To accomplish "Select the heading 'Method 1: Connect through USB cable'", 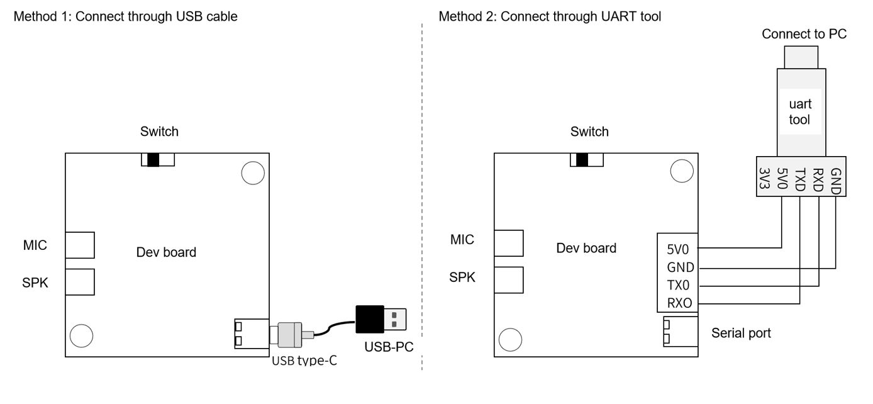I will pyautogui.click(x=125, y=17).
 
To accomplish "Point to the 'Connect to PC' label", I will pyautogui.click(x=803, y=34).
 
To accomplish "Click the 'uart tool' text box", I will pyautogui.click(x=799, y=111).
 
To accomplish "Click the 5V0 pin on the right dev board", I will pyautogui.click(x=679, y=249).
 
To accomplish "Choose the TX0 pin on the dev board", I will pyautogui.click(x=679, y=285).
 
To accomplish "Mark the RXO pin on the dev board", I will pyautogui.click(x=679, y=303).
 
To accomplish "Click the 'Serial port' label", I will pyautogui.click(x=741, y=333).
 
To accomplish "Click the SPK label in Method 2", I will pyautogui.click(x=462, y=278).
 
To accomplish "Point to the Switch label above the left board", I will pyautogui.click(x=159, y=132).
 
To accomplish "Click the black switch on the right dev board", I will pyautogui.click(x=581, y=160).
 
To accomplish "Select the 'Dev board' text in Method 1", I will pyautogui.click(x=166, y=252).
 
